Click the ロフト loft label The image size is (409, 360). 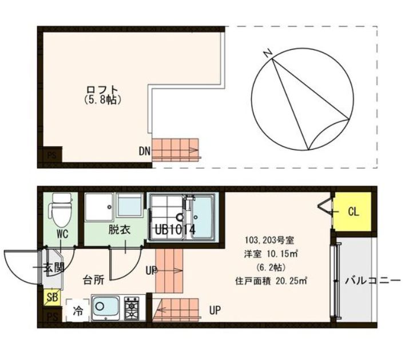tap(102, 90)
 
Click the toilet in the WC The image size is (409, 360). tap(59, 210)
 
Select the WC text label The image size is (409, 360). tap(63, 234)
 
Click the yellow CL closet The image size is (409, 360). tap(353, 212)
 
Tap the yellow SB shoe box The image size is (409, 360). tap(51, 298)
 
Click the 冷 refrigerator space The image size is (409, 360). tap(77, 311)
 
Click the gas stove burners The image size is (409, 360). tap(133, 309)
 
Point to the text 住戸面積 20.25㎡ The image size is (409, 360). tap(272, 281)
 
